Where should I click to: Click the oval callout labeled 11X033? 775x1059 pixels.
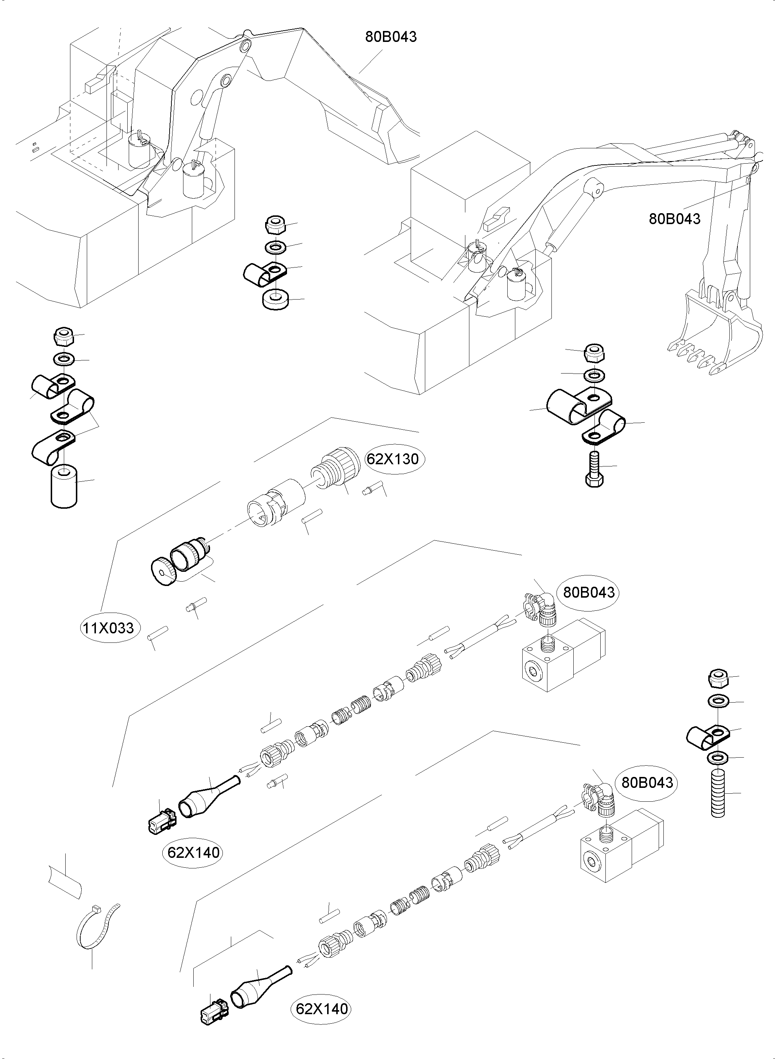coord(109,628)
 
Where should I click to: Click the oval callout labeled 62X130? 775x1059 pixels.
coord(392,459)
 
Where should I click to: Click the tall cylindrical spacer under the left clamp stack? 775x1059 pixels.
coord(64,486)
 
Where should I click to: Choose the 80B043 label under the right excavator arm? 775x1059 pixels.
coord(674,218)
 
